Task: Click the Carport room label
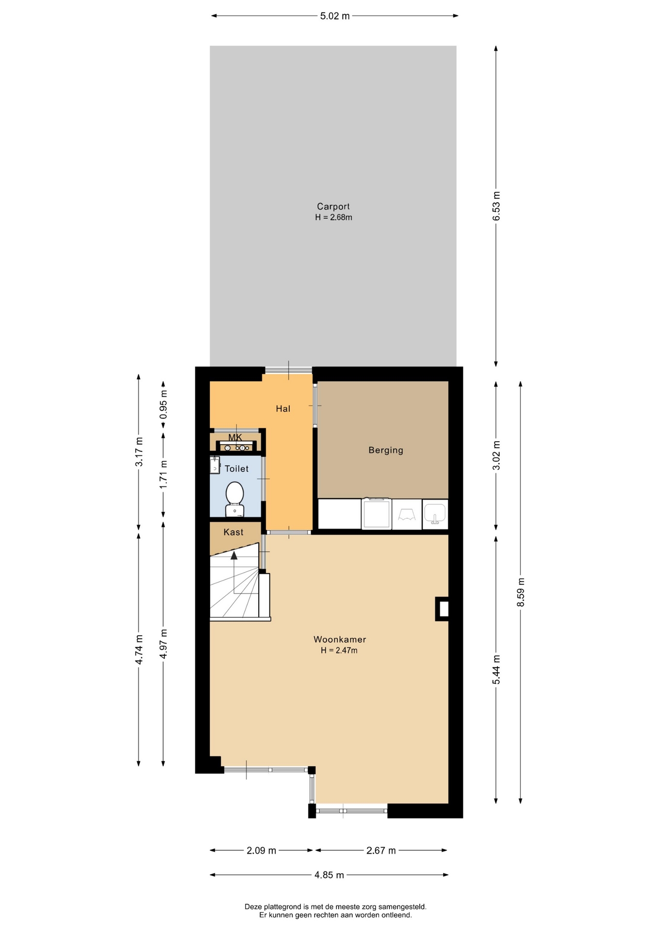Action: (x=333, y=207)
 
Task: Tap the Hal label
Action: (x=283, y=409)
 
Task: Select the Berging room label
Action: (x=386, y=450)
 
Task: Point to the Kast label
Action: (x=233, y=532)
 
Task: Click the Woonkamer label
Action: (x=340, y=640)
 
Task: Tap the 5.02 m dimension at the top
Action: (x=335, y=16)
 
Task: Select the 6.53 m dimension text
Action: (x=496, y=206)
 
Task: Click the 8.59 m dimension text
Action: (x=521, y=592)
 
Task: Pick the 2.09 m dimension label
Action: (x=262, y=850)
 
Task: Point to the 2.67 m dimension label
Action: (x=381, y=850)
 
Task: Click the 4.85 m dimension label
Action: (x=329, y=875)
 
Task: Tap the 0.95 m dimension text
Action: (x=164, y=404)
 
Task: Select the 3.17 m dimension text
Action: (x=139, y=452)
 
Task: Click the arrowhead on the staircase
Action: (x=234, y=555)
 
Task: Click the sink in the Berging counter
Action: (x=435, y=514)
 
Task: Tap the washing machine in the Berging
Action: (x=377, y=514)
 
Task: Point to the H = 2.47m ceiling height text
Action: (x=339, y=651)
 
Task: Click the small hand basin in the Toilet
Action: (x=214, y=465)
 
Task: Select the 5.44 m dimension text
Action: (x=496, y=670)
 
